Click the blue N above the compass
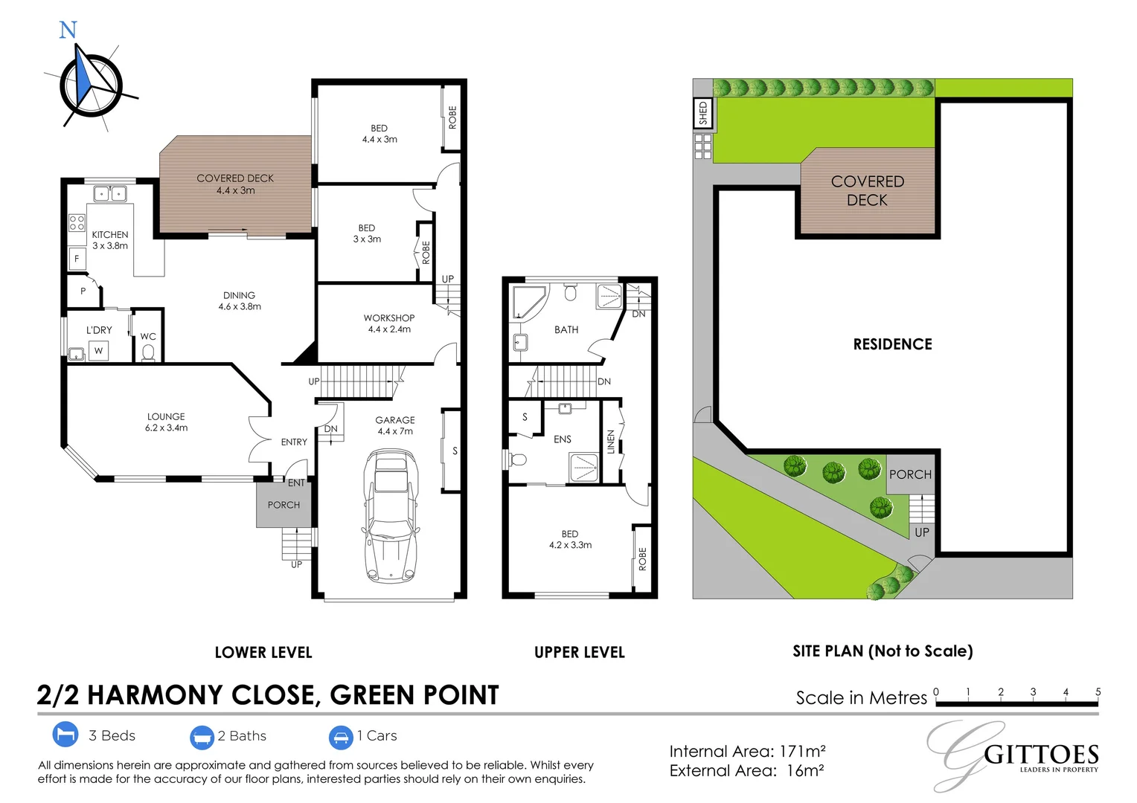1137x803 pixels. coord(68,30)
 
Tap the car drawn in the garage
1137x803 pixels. coord(390,516)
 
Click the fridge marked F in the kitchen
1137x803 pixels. coord(77,259)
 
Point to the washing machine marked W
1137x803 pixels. coord(98,350)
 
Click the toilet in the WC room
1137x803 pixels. coord(148,352)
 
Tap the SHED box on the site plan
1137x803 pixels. coord(702,113)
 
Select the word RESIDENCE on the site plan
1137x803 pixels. coord(892,344)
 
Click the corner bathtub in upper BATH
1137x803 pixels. coord(528,302)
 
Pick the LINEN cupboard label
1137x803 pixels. coord(611,442)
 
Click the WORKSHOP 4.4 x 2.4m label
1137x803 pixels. coord(389,323)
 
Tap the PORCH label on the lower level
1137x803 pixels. coord(284,505)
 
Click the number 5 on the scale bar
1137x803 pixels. coord(1098,691)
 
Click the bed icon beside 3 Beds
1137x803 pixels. coord(65,735)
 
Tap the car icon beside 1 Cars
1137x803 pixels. coord(341,737)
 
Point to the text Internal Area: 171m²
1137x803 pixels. coord(747,751)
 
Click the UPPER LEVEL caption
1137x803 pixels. coord(579,652)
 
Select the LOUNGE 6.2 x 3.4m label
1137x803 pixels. coord(166,422)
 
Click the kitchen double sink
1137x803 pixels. coord(109,194)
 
